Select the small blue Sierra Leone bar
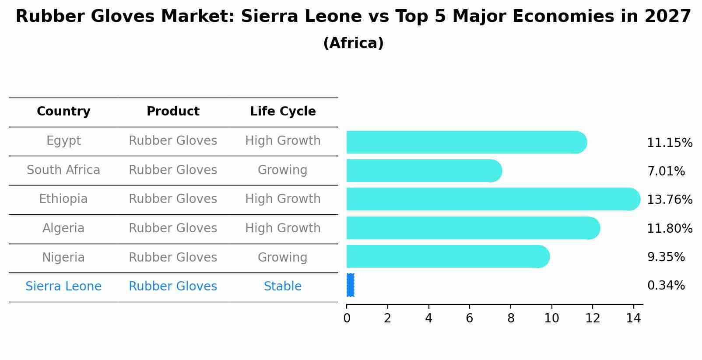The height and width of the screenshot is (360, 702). tap(350, 285)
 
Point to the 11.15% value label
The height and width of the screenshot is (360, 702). tap(669, 143)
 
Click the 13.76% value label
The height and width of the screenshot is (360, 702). tap(669, 200)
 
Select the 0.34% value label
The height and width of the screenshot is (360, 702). tap(666, 286)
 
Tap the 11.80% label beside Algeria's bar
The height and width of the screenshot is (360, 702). tap(669, 229)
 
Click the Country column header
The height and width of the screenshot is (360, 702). tap(63, 112)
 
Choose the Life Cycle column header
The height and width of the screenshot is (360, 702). tap(283, 112)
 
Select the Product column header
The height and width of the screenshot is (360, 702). tap(173, 112)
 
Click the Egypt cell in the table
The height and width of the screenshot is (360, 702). tap(63, 141)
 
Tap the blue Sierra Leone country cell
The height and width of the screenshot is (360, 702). tap(63, 287)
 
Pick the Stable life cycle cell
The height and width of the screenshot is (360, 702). tap(283, 287)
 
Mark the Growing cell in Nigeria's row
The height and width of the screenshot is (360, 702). tap(283, 258)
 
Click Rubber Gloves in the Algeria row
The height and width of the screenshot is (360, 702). tap(173, 228)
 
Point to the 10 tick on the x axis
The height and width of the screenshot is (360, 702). tap(551, 318)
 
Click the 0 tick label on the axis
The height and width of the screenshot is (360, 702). tap(347, 318)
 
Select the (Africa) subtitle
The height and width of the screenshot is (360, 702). tap(353, 43)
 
